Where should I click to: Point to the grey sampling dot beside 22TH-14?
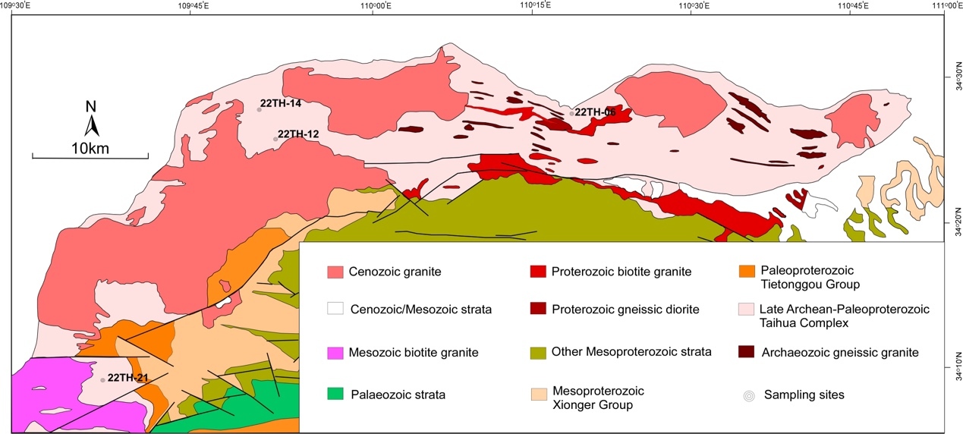259,109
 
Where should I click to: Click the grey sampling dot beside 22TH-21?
103,380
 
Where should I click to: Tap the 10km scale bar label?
90,148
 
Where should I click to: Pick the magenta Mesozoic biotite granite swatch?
335,353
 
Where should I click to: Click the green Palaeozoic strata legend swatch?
335,394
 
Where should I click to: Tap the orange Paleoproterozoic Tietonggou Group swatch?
747,270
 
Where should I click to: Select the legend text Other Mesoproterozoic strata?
631,352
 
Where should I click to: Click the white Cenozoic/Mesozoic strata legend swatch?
335,309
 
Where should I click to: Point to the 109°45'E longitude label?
194,7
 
